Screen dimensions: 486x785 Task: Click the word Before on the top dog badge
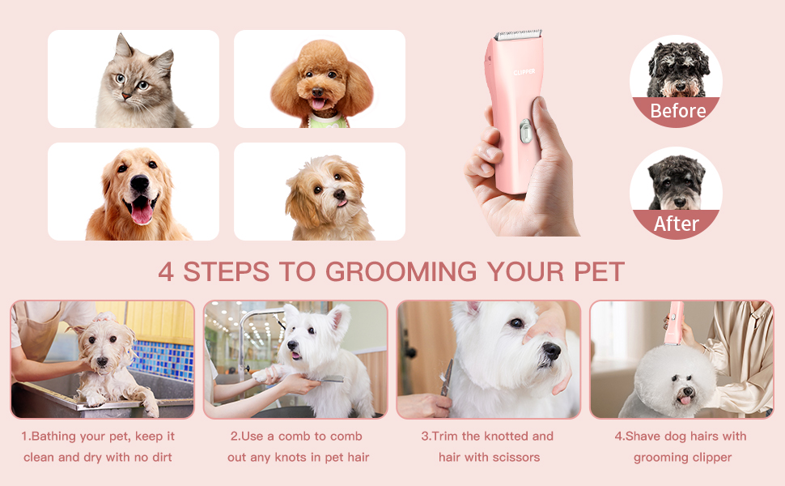[677, 111]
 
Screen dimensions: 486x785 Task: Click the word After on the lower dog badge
[676, 224]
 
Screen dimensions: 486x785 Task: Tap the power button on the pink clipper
[524, 130]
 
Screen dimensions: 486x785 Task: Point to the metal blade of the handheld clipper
[518, 36]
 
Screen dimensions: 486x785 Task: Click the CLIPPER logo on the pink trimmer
[524, 71]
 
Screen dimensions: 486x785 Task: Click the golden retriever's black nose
[140, 185]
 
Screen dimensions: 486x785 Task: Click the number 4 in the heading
[166, 271]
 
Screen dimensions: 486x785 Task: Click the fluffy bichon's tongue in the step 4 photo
[685, 399]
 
